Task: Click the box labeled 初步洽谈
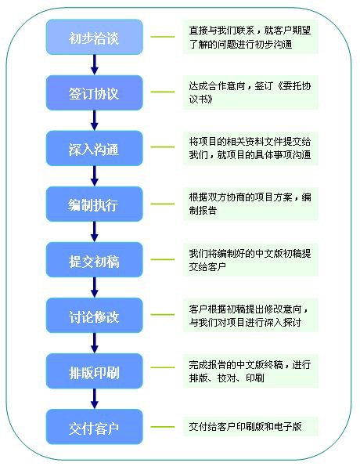point(95,37)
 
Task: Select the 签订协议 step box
point(95,92)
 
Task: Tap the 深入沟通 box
point(95,148)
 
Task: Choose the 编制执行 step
point(95,204)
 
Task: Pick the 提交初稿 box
point(95,259)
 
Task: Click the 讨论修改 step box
point(95,316)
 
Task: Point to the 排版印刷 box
point(95,371)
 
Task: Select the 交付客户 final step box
point(95,427)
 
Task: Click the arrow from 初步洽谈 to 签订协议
point(95,65)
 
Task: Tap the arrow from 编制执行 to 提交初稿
point(95,232)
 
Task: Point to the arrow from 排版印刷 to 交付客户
point(95,399)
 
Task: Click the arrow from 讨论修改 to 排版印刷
point(95,343)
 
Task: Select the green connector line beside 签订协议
point(163,92)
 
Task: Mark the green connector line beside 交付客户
point(163,427)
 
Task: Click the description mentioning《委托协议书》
point(250,92)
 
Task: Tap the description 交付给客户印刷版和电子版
point(245,427)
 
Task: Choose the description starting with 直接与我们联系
point(250,37)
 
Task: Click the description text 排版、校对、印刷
point(226,378)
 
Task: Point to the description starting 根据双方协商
point(250,204)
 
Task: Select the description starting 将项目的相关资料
point(250,148)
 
